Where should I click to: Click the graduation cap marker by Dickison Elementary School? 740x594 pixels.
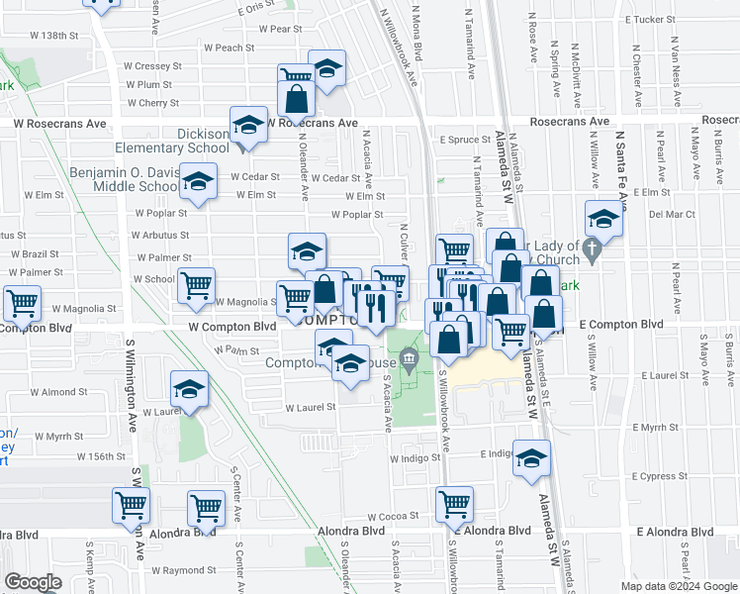[x=248, y=126]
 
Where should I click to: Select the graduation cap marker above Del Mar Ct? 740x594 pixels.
[x=602, y=218]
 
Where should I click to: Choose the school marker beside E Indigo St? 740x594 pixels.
[x=532, y=458]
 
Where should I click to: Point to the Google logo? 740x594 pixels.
[x=33, y=582]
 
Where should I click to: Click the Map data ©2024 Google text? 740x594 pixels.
[x=679, y=586]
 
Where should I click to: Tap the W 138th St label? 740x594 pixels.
[x=53, y=36]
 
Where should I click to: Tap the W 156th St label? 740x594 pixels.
[x=104, y=456]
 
